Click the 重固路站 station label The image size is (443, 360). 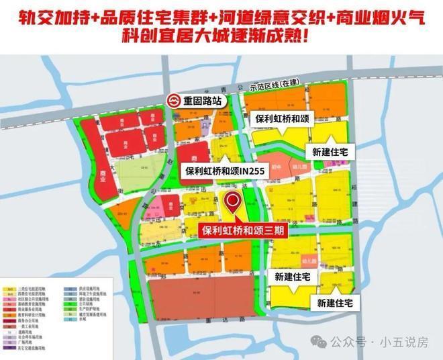(203, 102)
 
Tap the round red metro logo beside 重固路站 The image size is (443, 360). (174, 102)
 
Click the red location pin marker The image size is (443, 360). (233, 202)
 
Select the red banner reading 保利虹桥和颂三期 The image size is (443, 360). (252, 229)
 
